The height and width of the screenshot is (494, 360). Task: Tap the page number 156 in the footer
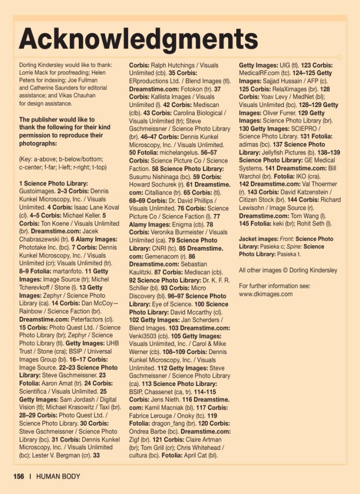point(19,477)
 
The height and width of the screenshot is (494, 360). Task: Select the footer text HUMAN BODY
point(58,477)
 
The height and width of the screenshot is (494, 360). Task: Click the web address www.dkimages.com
point(265,294)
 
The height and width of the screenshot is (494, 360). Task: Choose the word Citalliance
point(158,192)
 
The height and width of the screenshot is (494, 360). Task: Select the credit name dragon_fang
point(172,423)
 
